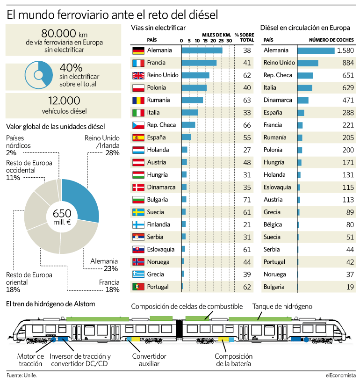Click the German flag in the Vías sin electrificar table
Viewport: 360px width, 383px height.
tap(138, 50)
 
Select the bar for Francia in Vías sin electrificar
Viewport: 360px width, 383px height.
tap(199, 63)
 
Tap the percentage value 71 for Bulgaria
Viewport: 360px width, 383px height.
tap(247, 200)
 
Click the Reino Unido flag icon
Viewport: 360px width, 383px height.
tap(138, 75)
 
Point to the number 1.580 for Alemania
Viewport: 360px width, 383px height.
tap(345, 51)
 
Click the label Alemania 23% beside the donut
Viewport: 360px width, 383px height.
tap(104, 265)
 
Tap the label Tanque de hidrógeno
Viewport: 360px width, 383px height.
tap(282, 307)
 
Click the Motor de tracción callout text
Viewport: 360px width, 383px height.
tap(30, 360)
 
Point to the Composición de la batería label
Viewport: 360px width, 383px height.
tap(233, 360)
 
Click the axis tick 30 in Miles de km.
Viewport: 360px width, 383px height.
tap(229, 41)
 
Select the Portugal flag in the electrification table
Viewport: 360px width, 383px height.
tap(138, 287)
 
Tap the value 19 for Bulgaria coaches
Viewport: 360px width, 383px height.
tap(350, 287)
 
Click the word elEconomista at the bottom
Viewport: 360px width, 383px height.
tap(341, 375)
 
